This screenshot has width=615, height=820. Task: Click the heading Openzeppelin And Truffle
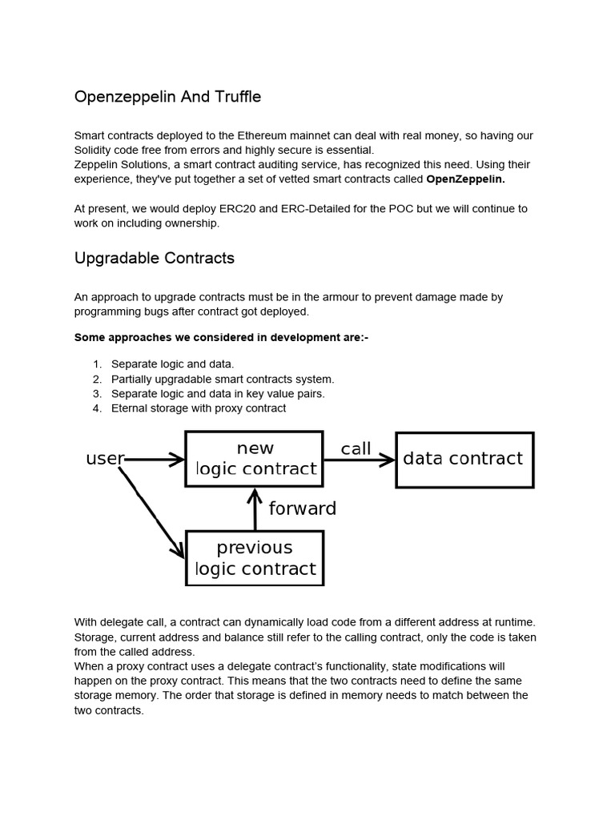pyautogui.click(x=167, y=97)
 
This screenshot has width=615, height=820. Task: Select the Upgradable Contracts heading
pyautogui.click(x=154, y=258)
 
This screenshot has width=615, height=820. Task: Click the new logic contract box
pyautogui.click(x=255, y=459)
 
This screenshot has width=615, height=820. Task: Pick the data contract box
pyautogui.click(x=464, y=459)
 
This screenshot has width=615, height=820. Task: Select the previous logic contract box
pyautogui.click(x=255, y=558)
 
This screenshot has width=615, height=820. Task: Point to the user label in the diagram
pyautogui.click(x=104, y=459)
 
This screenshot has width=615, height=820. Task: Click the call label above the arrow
pyautogui.click(x=356, y=448)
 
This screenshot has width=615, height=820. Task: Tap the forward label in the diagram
pyautogui.click(x=302, y=508)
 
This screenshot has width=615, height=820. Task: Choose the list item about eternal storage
pyautogui.click(x=199, y=408)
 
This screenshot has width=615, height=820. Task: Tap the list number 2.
pyautogui.click(x=97, y=379)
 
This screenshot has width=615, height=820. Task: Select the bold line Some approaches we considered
pyautogui.click(x=221, y=337)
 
